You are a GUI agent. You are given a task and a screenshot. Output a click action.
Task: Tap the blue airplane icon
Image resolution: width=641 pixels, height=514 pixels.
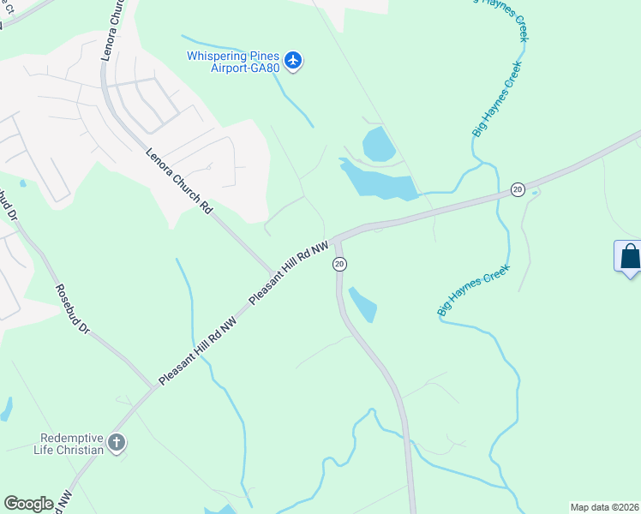pos(294,60)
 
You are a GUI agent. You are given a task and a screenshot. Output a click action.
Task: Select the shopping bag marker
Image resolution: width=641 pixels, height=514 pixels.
pos(629,257)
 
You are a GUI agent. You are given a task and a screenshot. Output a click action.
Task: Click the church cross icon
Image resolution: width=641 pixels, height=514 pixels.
pos(117,443)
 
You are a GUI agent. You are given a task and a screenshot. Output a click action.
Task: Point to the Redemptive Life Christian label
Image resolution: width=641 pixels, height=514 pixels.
pos(69,443)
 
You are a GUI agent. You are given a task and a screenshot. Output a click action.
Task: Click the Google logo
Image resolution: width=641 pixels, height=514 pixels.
pos(28,503)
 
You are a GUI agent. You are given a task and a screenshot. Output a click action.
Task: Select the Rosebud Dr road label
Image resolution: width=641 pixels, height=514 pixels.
pos(72,308)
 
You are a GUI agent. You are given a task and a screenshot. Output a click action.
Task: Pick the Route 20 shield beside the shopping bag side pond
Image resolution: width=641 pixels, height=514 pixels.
pos(518,189)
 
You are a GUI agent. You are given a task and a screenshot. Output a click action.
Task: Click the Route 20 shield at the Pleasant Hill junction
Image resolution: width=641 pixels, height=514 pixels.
pos(339,264)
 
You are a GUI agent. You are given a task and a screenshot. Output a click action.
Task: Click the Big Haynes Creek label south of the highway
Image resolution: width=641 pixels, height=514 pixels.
pos(474,290)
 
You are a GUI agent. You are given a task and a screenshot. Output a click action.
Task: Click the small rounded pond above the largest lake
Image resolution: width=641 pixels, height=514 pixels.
pos(379,143)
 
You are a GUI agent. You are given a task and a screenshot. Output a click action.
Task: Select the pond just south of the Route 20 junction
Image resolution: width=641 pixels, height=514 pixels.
pos(363,303)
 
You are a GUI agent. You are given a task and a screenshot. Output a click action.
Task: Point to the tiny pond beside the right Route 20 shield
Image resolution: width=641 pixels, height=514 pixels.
pos(535,193)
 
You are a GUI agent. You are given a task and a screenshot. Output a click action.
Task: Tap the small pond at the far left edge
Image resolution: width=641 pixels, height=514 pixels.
pos(6,409)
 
